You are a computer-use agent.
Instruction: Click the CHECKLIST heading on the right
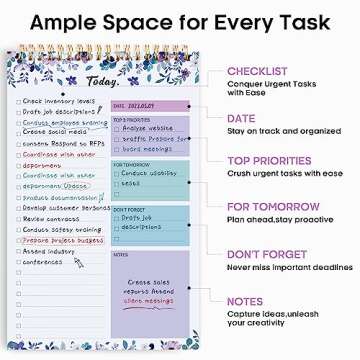coord(258,72)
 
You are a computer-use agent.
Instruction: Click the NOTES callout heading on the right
coord(245,301)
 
